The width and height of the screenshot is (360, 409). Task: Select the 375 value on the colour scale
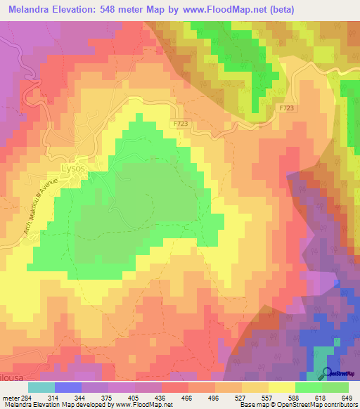pyautogui.click(x=103, y=397)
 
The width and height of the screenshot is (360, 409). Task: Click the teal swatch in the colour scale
pyautogui.click(x=41, y=387)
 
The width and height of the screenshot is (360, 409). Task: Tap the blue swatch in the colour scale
pyautogui.click(x=68, y=387)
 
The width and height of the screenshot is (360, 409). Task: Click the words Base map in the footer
pyautogui.click(x=251, y=405)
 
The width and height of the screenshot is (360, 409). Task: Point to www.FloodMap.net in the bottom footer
pyautogui.click(x=146, y=405)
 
